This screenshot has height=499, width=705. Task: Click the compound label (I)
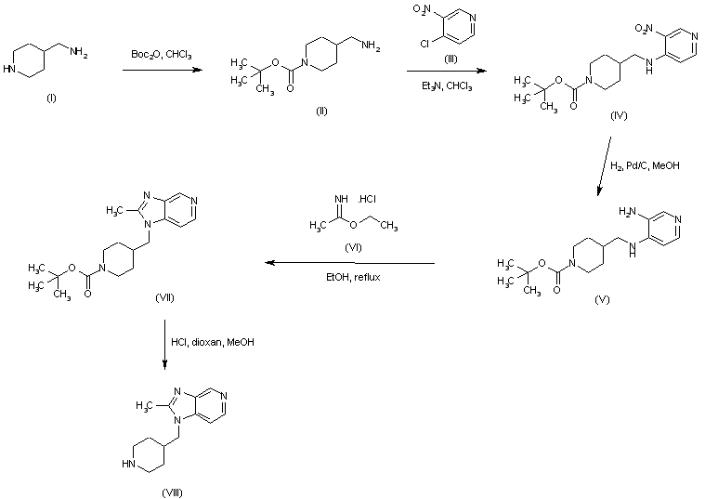point(50,99)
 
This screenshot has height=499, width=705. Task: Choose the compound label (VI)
point(354,249)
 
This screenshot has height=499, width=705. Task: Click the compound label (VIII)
point(171,491)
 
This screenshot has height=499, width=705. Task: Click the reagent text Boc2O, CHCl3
point(162,57)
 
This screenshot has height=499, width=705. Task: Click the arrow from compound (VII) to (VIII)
point(165,343)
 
